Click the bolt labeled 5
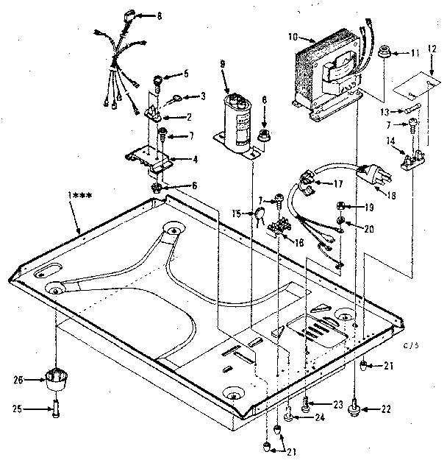pos(158,77)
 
